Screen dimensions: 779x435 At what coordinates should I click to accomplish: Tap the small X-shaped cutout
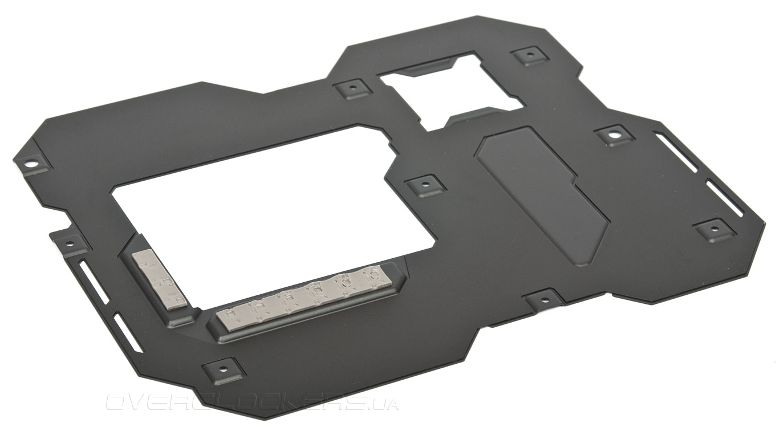[x=452, y=91]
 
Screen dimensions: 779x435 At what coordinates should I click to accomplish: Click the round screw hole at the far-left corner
[x=31, y=162]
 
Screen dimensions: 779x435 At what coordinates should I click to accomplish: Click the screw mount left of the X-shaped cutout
[x=353, y=87]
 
